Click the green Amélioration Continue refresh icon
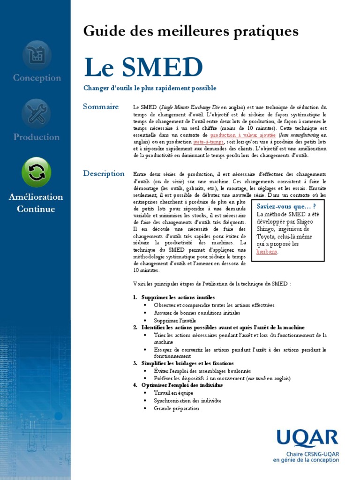(x=36, y=172)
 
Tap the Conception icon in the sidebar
(x=37, y=55)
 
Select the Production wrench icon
(x=36, y=113)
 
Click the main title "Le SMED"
(x=143, y=67)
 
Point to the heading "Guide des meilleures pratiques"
(x=191, y=31)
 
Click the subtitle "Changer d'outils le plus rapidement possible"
(x=143, y=88)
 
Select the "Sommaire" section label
(x=101, y=107)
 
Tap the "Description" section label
(x=104, y=173)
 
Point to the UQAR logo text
(x=307, y=439)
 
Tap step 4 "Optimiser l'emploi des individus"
(x=182, y=385)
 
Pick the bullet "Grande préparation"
(x=176, y=408)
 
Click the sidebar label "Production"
(x=37, y=137)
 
